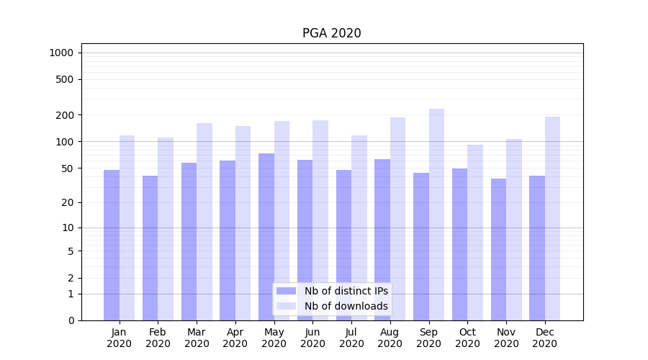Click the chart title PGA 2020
click(x=331, y=33)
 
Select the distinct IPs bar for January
click(x=112, y=245)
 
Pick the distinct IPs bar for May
click(x=266, y=237)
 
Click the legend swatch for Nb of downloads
click(x=286, y=306)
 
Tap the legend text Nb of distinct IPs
click(x=346, y=291)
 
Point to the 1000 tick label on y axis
click(x=61, y=53)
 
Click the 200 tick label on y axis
click(x=65, y=115)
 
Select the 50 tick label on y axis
click(x=67, y=168)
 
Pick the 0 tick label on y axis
click(x=71, y=320)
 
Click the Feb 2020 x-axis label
click(x=158, y=338)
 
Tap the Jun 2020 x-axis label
click(x=312, y=338)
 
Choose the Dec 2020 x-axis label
click(x=545, y=338)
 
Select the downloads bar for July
click(x=359, y=228)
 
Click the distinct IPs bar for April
click(x=228, y=240)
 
